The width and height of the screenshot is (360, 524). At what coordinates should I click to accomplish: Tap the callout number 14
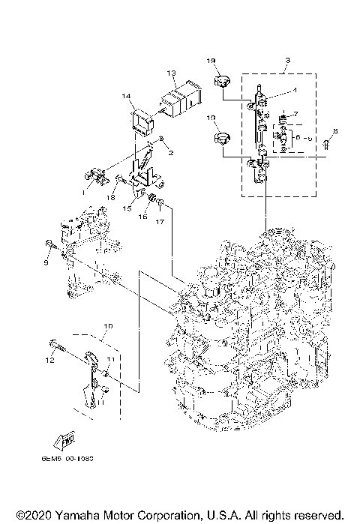(126, 96)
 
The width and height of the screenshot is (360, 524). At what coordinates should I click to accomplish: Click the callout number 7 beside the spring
(297, 114)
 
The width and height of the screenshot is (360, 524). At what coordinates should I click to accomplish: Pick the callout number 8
(336, 131)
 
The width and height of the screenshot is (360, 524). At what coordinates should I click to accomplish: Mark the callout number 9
(46, 264)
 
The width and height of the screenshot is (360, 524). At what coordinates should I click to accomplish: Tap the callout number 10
(108, 326)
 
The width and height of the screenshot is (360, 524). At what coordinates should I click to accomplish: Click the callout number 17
(159, 222)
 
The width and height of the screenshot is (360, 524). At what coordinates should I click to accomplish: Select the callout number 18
(109, 197)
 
